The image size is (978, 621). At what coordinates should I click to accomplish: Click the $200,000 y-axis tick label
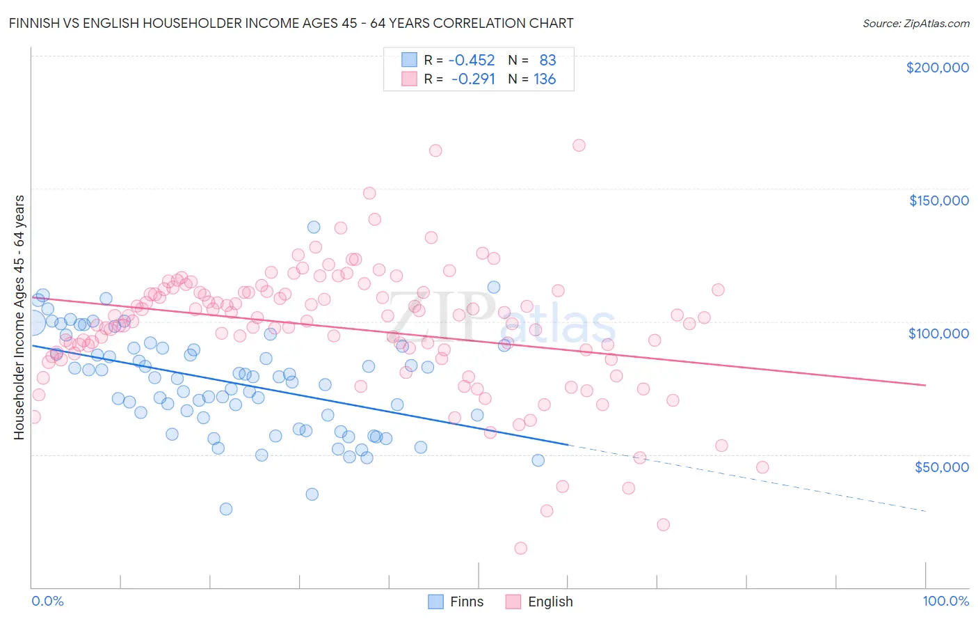coord(937,68)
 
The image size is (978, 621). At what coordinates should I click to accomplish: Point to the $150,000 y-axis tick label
coord(938,201)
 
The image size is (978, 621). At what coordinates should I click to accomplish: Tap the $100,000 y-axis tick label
coord(938,333)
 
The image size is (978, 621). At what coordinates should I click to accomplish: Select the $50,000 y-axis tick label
coord(941,467)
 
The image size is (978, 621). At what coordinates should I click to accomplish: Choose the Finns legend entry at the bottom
coord(456,602)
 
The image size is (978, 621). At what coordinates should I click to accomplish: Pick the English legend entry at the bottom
coord(540,602)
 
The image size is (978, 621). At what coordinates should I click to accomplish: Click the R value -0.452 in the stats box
coord(472,61)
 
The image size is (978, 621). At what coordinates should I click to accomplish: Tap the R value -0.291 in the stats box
coord(473,79)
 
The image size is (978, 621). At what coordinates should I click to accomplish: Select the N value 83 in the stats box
coord(547,61)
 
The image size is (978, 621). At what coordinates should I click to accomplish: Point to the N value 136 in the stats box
coord(545,79)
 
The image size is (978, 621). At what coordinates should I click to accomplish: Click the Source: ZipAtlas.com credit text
coord(915,24)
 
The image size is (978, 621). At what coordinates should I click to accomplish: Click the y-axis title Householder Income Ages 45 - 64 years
coord(19,317)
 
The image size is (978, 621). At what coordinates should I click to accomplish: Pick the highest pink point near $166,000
coord(579,146)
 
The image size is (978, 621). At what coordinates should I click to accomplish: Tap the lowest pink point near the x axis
coord(520,549)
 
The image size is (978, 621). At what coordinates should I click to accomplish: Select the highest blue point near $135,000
coord(314,227)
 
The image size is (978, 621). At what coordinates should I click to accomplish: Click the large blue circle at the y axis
coord(32,322)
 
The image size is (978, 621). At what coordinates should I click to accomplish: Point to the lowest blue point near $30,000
coord(225,509)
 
